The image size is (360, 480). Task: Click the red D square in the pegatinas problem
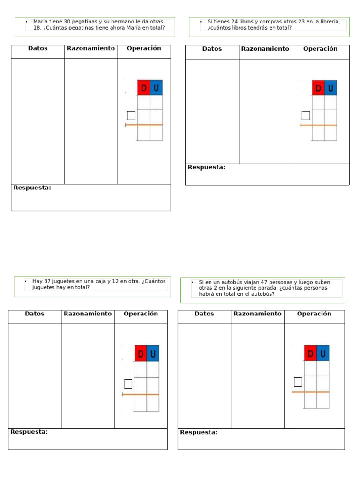(143, 88)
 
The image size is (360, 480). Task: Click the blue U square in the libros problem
(330, 88)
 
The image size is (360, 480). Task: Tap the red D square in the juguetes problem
(141, 353)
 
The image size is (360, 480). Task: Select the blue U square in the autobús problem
(323, 353)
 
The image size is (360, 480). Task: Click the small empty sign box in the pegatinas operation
(131, 115)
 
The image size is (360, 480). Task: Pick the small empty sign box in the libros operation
(306, 115)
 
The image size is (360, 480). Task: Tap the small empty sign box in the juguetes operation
(128, 384)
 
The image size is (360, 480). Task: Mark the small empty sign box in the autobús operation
(298, 382)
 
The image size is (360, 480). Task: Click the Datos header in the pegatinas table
(37, 48)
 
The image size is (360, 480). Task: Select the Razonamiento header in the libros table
(265, 49)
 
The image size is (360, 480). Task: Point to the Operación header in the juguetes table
(141, 314)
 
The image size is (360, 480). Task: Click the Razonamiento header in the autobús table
(257, 314)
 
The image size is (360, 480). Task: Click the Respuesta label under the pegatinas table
(32, 188)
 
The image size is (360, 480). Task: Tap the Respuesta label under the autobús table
(199, 432)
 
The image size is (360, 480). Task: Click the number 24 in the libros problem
(235, 22)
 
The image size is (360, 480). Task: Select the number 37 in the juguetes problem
(47, 281)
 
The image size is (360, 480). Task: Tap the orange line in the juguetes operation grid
(141, 395)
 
